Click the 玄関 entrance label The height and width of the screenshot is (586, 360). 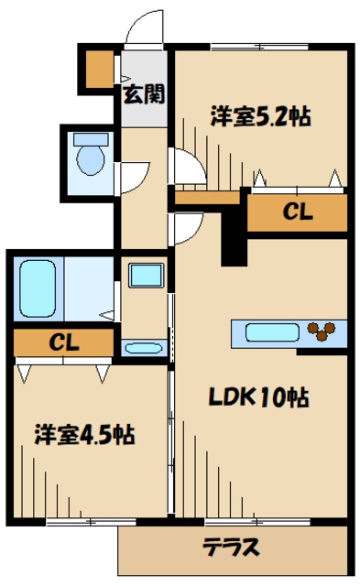tap(145, 94)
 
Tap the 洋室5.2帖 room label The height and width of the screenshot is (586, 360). tap(260, 116)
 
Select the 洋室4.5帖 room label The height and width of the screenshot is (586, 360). tap(85, 434)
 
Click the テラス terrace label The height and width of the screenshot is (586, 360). tap(231, 548)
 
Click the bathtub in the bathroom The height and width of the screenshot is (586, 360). tap(38, 288)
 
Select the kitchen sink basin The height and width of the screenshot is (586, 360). tap(272, 332)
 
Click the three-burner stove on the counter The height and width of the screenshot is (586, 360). tap(322, 331)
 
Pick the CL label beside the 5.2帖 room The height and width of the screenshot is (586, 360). tap(298, 212)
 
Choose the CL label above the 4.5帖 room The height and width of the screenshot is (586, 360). tap(64, 342)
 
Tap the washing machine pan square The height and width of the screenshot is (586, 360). tap(147, 276)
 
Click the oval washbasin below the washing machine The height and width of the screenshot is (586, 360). tap(144, 348)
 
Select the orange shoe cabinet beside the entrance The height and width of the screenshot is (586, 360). tap(100, 69)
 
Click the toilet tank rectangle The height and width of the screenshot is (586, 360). tap(91, 140)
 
